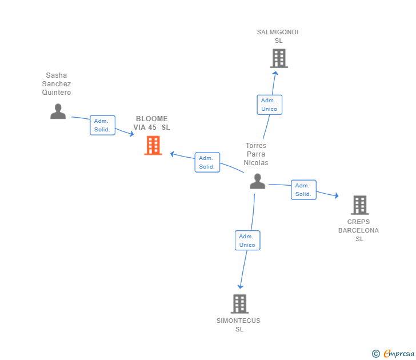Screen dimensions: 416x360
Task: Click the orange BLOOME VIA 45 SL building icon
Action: pyautogui.click(x=153, y=145)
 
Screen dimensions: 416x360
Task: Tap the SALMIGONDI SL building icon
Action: pyautogui.click(x=278, y=58)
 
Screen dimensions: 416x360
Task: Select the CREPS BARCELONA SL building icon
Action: pyautogui.click(x=359, y=205)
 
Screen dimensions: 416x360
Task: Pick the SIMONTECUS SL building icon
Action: pyautogui.click(x=239, y=303)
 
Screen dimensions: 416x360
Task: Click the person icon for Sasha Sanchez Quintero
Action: pyautogui.click(x=58, y=111)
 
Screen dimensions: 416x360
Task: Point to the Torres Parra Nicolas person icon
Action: pyautogui.click(x=258, y=181)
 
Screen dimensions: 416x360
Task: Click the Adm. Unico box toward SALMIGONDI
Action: pyautogui.click(x=269, y=105)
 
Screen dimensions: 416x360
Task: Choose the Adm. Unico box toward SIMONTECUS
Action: pyautogui.click(x=247, y=241)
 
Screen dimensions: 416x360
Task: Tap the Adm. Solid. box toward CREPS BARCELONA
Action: pyautogui.click(x=303, y=190)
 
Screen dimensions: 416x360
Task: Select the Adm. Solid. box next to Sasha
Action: pyautogui.click(x=102, y=125)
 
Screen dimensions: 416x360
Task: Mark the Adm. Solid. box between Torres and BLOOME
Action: pyautogui.click(x=206, y=162)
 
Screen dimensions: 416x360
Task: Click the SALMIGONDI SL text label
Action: pyautogui.click(x=278, y=37)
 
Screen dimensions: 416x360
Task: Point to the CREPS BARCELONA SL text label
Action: pyautogui.click(x=358, y=230)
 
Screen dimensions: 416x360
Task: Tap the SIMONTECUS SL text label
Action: pyautogui.click(x=239, y=325)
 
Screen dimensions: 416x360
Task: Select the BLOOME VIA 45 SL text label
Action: pyautogui.click(x=151, y=123)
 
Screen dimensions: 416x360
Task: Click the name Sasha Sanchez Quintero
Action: pyautogui.click(x=57, y=84)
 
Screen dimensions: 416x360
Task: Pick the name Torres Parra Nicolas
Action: pyautogui.click(x=255, y=154)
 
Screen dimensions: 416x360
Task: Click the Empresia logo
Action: pyautogui.click(x=399, y=354)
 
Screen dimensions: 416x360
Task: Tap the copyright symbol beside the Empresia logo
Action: pyautogui.click(x=375, y=354)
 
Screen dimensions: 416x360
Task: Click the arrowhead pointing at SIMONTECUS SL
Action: pyautogui.click(x=241, y=286)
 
